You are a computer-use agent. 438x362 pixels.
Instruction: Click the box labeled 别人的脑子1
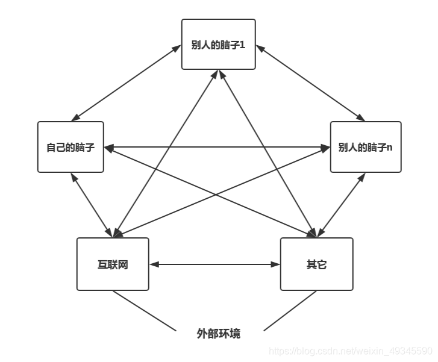click(x=218, y=44)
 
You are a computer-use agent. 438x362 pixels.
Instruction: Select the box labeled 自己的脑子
click(x=70, y=147)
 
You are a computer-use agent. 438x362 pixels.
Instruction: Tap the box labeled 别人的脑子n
click(x=365, y=147)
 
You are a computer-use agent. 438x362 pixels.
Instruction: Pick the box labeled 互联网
click(x=113, y=264)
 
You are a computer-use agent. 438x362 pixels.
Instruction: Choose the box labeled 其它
click(x=316, y=264)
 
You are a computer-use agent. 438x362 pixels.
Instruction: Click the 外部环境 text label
click(x=219, y=333)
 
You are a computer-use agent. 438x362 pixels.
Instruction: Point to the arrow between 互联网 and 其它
click(x=214, y=264)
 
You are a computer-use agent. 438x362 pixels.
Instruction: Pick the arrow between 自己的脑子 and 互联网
click(x=91, y=205)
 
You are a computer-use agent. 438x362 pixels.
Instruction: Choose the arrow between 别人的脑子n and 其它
click(x=342, y=205)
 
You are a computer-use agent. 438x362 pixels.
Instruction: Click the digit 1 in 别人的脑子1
click(x=242, y=45)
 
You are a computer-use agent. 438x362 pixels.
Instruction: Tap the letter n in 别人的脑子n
click(x=389, y=148)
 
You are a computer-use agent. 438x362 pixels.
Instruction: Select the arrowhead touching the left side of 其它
click(x=276, y=264)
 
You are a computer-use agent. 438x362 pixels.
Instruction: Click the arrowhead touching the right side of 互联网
click(x=154, y=264)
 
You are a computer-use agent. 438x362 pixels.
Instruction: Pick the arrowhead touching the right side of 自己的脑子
click(x=108, y=147)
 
